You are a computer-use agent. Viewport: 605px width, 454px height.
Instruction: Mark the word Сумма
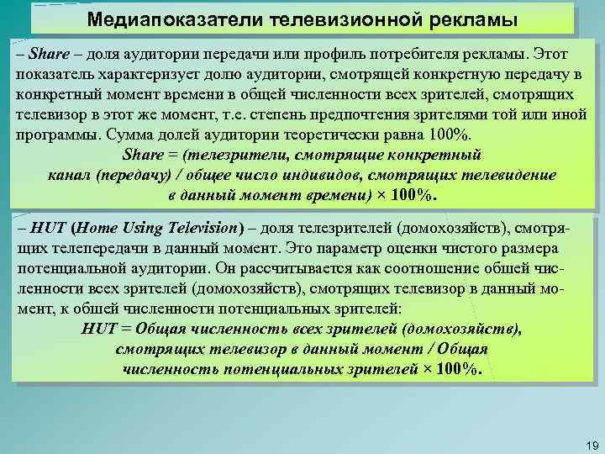pos(129,135)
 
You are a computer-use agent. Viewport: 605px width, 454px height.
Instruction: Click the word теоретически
pos(309,135)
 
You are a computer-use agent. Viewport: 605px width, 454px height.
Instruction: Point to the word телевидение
pos(512,176)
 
